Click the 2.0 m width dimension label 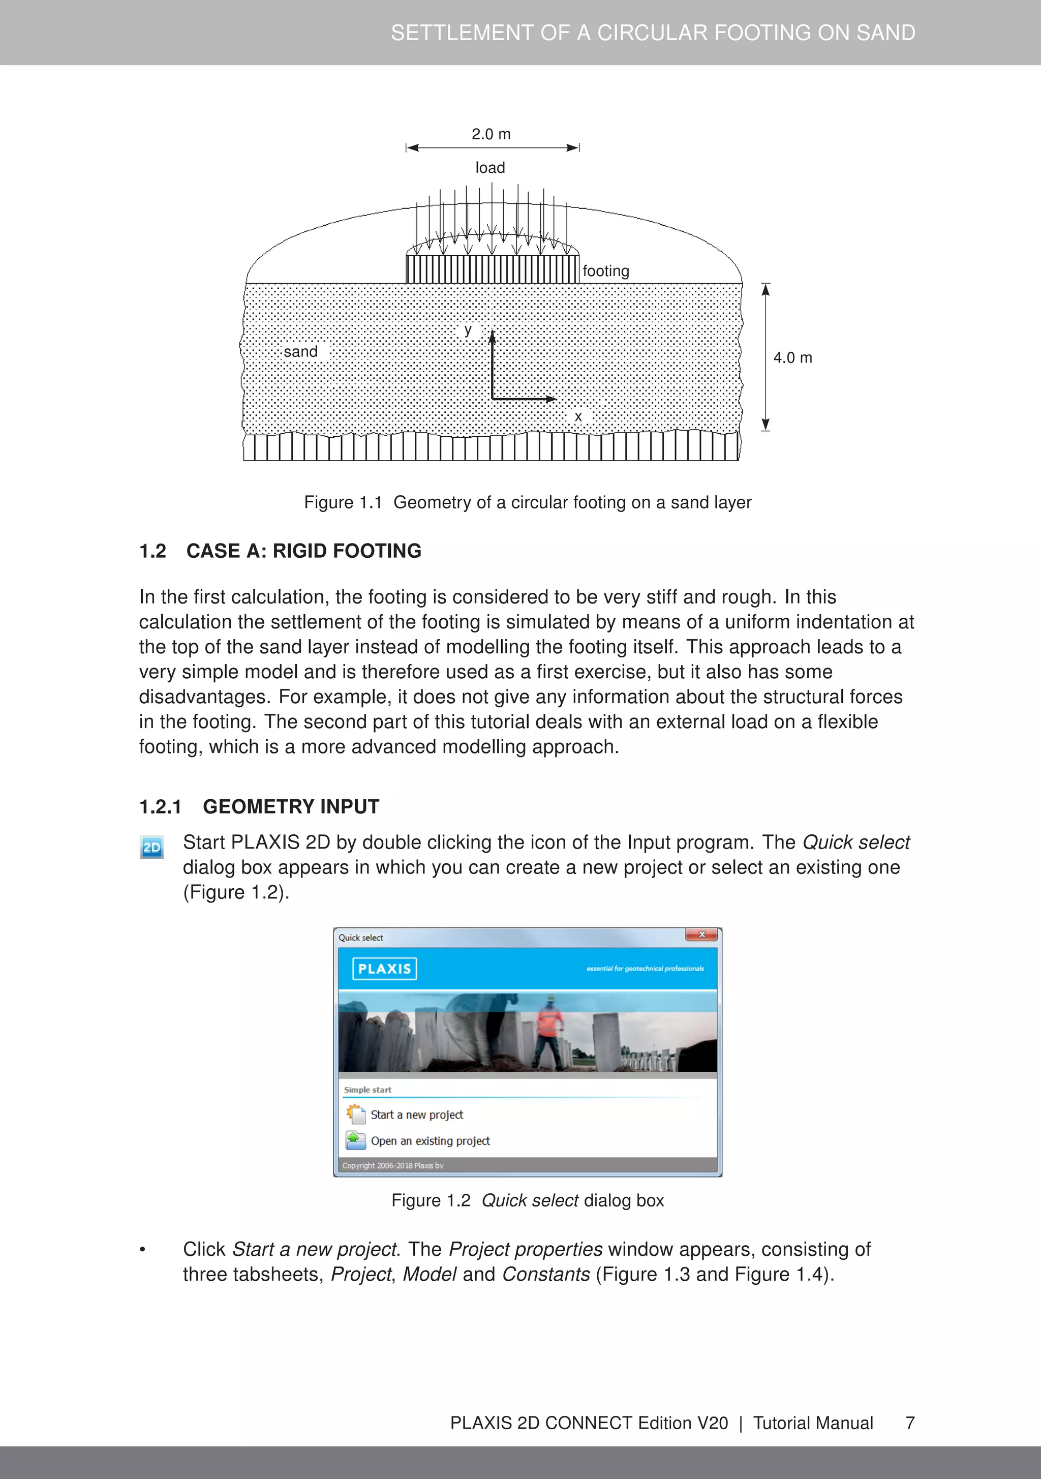coord(491,134)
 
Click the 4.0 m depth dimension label coord(792,357)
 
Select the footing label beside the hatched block coord(605,271)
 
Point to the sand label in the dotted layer coord(301,352)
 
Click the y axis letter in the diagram coord(468,330)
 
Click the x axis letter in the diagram coord(578,417)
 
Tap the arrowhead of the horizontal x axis coord(552,399)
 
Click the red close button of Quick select coord(701,934)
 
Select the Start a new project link coord(416,1115)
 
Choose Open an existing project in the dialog coord(430,1141)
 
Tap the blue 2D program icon coord(152,847)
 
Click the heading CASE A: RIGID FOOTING coord(303,551)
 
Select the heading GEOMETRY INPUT coord(291,806)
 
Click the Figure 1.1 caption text coord(527,502)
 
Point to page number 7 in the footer coord(909,1423)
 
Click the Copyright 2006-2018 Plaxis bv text coord(392,1165)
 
